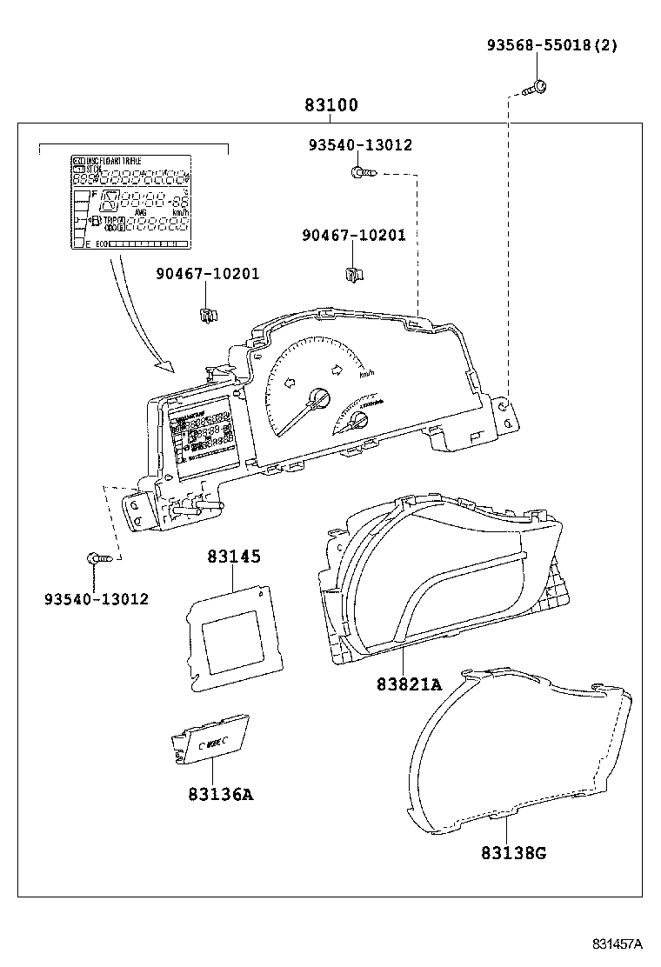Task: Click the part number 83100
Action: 330,105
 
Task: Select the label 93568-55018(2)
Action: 551,45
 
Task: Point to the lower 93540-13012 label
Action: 97,598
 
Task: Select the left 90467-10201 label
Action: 208,274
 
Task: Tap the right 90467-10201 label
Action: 354,235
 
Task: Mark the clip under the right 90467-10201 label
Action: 353,274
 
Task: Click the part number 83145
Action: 233,557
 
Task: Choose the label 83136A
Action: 220,793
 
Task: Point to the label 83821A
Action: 409,684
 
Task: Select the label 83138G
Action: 512,852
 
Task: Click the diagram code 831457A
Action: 618,944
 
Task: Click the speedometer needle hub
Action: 319,398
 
